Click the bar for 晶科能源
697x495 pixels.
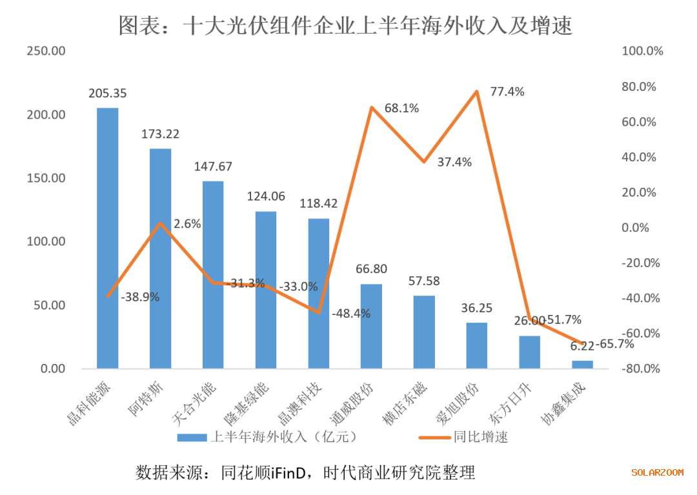tap(107, 239)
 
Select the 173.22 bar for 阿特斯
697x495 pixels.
tap(160, 259)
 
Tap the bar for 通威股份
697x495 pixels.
tap(371, 326)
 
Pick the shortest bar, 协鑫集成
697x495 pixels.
tap(582, 365)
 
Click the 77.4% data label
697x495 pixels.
tap(507, 92)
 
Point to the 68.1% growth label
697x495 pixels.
tap(401, 108)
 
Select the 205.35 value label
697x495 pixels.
tap(108, 94)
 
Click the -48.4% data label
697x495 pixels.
tap(351, 314)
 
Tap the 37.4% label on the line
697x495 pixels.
tap(454, 162)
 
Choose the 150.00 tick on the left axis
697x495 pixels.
tap(46, 178)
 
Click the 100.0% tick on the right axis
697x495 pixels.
tap(643, 52)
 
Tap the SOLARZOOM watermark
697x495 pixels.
tap(657, 472)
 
